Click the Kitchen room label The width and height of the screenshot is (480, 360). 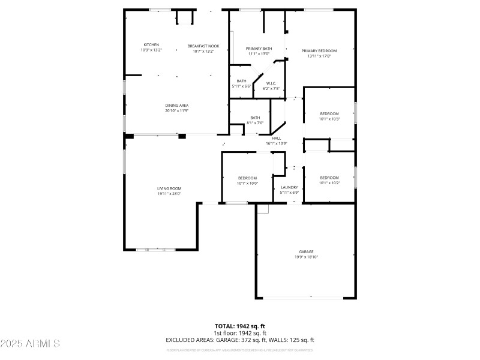coord(151,45)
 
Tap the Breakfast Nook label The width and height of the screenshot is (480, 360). coord(203,46)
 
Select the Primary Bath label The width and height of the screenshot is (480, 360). coord(259,49)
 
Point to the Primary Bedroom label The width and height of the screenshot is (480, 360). coord(319,51)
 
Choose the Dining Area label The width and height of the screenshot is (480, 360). coord(177,106)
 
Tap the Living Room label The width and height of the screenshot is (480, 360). coord(169,188)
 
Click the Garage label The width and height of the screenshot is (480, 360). coord(306,251)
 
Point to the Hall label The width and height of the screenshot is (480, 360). coord(277,138)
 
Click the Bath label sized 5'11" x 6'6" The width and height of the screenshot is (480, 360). coord(241,81)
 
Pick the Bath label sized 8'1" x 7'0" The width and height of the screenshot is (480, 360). coord(255,118)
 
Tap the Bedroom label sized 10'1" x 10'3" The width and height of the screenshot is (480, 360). coord(329,113)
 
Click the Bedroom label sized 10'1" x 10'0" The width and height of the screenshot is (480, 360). coord(247,178)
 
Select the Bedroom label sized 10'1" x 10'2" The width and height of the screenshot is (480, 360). coord(329,178)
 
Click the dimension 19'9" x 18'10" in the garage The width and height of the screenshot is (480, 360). coord(306,257)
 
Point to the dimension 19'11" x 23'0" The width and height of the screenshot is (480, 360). coord(169,194)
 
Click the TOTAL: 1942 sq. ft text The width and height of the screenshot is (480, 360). coord(240,326)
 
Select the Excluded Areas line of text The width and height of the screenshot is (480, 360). coord(240,340)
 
